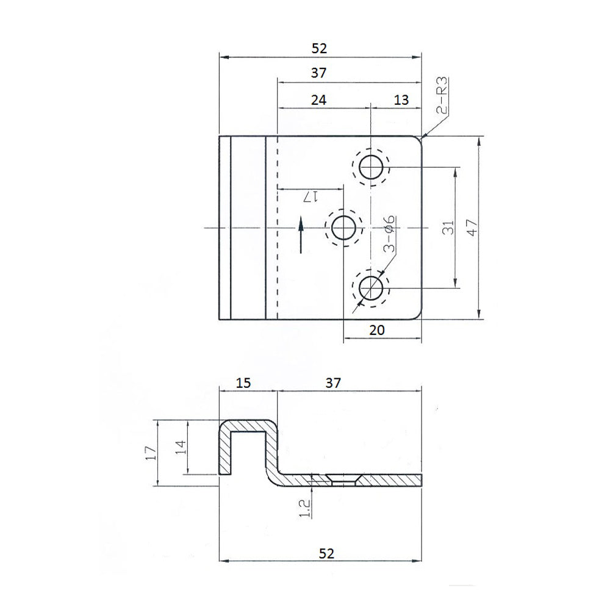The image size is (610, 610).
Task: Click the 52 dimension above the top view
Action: click(320, 48)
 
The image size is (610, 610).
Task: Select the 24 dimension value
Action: click(318, 99)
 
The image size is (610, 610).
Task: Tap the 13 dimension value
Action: click(401, 99)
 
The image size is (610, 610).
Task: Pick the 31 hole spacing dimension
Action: click(447, 228)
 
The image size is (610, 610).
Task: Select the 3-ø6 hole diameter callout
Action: click(389, 235)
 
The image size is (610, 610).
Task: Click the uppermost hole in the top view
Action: click(371, 166)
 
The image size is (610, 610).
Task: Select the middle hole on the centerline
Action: click(344, 228)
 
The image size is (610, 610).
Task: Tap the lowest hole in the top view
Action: click(371, 288)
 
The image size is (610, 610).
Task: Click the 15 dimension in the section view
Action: click(243, 382)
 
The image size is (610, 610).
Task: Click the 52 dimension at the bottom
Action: click(327, 553)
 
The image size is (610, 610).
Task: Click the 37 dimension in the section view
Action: click(332, 382)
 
